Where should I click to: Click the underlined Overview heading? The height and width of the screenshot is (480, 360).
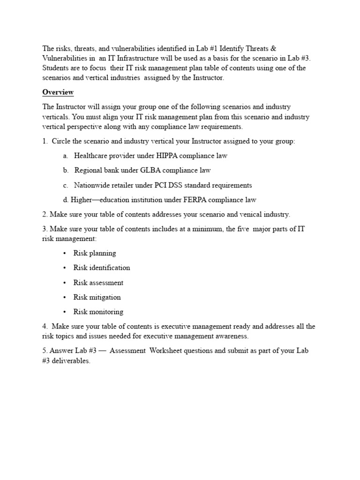click(x=58, y=92)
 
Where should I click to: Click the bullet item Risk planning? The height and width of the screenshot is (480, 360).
click(x=95, y=253)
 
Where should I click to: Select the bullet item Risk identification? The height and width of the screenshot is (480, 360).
click(x=102, y=268)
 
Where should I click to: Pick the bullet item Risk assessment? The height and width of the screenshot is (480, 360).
click(x=98, y=283)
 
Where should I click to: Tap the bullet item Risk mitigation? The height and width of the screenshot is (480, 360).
click(x=97, y=297)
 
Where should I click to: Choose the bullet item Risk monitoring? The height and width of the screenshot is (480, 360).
click(x=98, y=312)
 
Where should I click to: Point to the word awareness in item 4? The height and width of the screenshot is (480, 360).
click(x=228, y=336)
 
